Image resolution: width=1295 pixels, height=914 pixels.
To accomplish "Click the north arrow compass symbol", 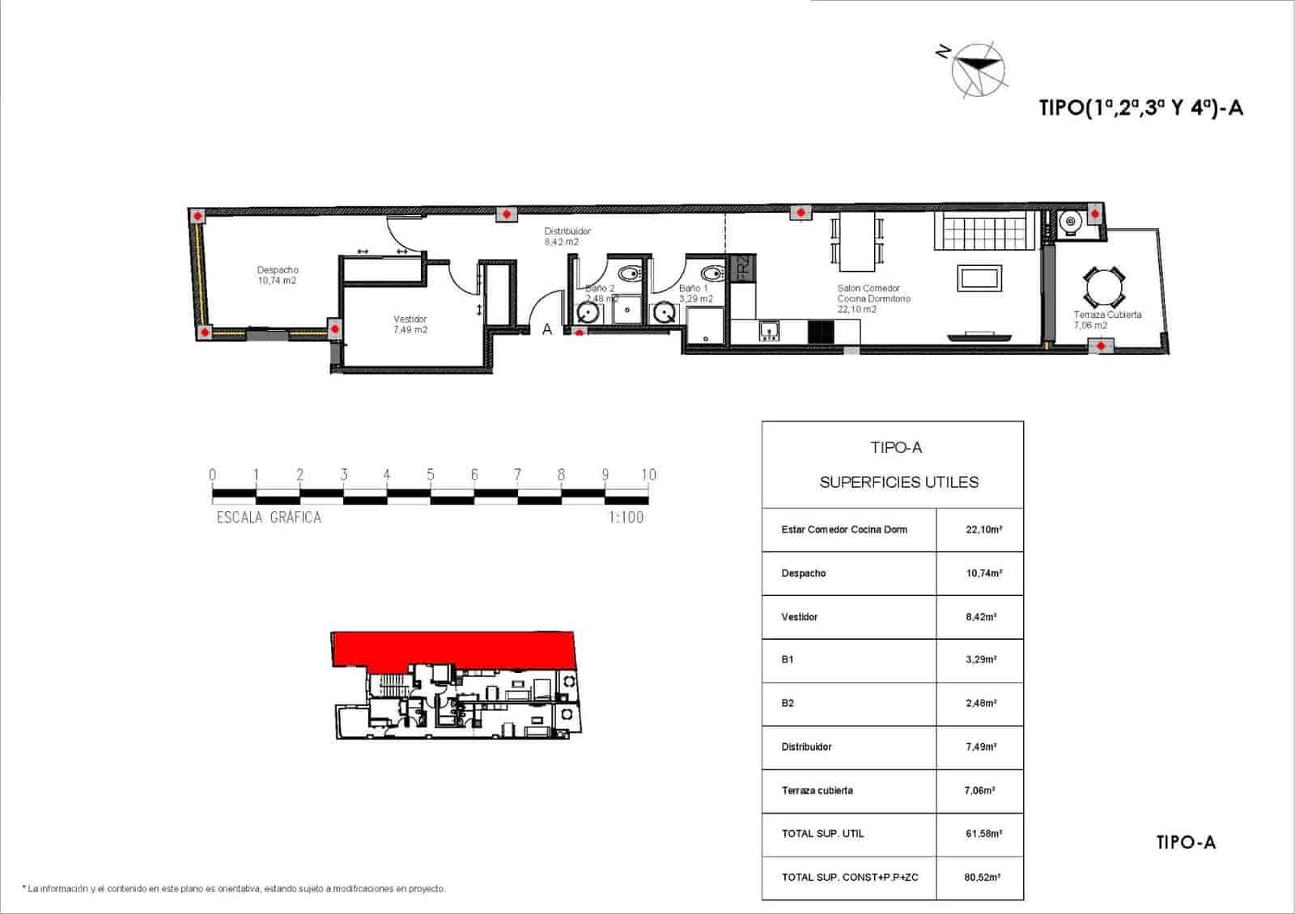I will click(977, 70).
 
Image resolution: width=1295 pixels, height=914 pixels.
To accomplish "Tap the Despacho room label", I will click(278, 275).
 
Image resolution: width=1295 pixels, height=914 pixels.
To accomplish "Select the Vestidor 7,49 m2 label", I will click(410, 324).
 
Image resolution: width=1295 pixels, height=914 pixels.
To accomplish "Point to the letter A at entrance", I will click(547, 329).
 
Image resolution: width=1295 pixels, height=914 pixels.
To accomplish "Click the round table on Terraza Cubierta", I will click(1104, 286).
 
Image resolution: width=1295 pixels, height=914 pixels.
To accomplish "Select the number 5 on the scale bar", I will click(431, 475).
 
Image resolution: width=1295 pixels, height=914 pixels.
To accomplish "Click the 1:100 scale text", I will click(626, 517).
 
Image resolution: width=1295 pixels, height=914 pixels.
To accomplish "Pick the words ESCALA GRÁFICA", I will click(269, 518).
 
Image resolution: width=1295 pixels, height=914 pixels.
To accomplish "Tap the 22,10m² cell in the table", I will click(983, 530).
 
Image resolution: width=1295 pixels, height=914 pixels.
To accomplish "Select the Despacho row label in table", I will click(804, 573).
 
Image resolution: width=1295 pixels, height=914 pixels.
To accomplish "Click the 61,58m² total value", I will click(983, 834).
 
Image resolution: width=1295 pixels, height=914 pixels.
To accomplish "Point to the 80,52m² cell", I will click(983, 878).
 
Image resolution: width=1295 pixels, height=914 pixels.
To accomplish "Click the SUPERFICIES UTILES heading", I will click(898, 483).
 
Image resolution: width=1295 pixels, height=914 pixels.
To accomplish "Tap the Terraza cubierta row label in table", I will click(817, 790).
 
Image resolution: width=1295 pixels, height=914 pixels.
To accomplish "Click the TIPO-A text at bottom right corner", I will click(1186, 843).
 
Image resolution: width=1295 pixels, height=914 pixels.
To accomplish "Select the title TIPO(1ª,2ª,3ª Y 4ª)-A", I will click(1140, 108).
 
